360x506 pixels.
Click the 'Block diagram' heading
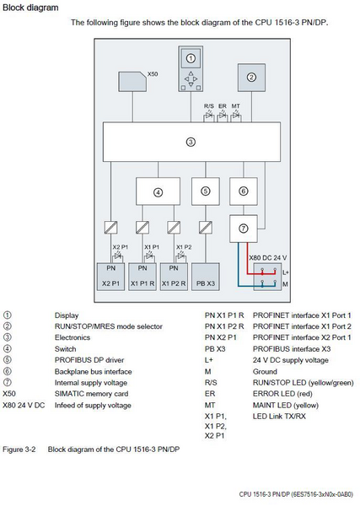(x=30, y=8)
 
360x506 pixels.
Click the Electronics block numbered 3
(x=191, y=142)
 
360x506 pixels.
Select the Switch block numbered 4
(x=157, y=191)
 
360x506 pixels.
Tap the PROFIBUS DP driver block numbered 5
(x=205, y=191)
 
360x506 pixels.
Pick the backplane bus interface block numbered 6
(x=244, y=191)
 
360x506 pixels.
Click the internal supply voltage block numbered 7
(x=244, y=227)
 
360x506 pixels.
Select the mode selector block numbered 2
(x=250, y=76)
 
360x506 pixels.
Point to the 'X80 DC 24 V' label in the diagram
(x=267, y=257)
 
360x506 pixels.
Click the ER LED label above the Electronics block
(x=223, y=106)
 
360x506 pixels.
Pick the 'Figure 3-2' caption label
(x=20, y=449)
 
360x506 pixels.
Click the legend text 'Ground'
(x=252, y=369)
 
